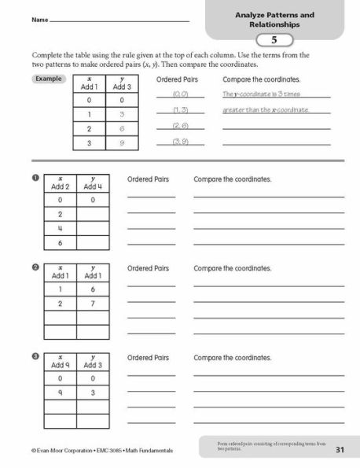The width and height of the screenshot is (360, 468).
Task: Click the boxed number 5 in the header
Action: pyautogui.click(x=274, y=40)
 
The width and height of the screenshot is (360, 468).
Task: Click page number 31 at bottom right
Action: pyautogui.click(x=340, y=450)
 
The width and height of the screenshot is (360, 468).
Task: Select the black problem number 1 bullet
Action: pyautogui.click(x=35, y=179)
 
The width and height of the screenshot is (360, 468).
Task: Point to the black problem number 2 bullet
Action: pyautogui.click(x=35, y=268)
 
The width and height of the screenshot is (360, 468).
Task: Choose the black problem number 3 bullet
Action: pyautogui.click(x=35, y=357)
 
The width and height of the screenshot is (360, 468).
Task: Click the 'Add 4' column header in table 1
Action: pyautogui.click(x=92, y=183)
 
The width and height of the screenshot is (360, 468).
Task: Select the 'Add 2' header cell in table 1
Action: pyautogui.click(x=61, y=183)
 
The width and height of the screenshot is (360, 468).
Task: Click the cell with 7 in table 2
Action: pyautogui.click(x=92, y=302)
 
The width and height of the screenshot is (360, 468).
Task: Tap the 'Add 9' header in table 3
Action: pyautogui.click(x=61, y=362)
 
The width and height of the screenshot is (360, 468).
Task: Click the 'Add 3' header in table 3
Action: pyautogui.click(x=92, y=362)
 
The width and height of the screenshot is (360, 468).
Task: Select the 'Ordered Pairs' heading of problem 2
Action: pyautogui.click(x=149, y=268)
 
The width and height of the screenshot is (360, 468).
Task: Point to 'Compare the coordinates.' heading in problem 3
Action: pyautogui.click(x=232, y=357)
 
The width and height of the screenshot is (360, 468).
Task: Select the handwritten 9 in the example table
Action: pyautogui.click(x=122, y=144)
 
